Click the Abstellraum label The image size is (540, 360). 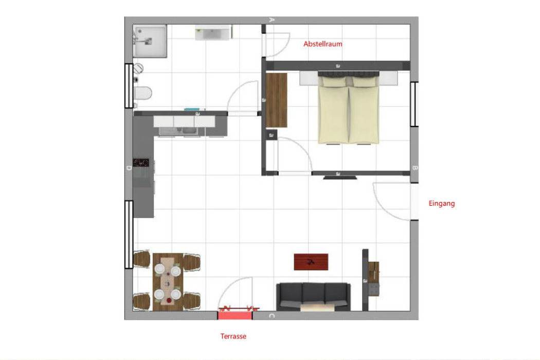point(322,44)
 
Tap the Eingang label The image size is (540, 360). point(441,203)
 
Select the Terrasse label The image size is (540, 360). point(233,336)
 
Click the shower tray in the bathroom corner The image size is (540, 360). point(150,41)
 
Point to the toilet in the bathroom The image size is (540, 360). point(142,93)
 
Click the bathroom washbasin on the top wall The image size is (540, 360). point(212,33)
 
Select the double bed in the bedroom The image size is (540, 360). point(349,107)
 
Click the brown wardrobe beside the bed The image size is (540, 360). point(276,100)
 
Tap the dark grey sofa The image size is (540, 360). point(313,297)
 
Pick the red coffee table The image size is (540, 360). point(311,262)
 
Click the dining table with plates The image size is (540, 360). point(168,282)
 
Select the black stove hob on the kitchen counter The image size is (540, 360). point(141,163)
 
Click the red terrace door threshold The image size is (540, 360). point(235,315)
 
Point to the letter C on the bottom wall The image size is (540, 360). point(272,316)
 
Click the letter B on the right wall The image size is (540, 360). point(415,168)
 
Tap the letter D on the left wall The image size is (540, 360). point(129,168)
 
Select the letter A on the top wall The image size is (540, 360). point(272,20)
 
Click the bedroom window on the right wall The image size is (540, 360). point(415,104)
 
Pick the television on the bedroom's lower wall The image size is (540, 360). point(340,178)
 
